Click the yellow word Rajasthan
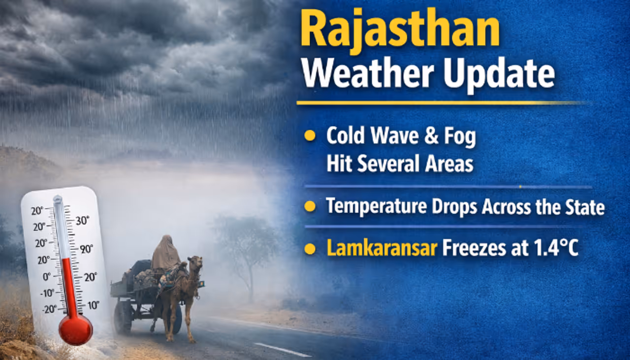click(x=400, y=31)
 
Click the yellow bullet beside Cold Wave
click(x=310, y=136)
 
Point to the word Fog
click(x=460, y=137)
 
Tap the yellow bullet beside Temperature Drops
click(x=310, y=206)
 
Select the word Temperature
click(x=376, y=206)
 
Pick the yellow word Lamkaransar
click(x=382, y=248)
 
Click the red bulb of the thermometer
click(x=75, y=329)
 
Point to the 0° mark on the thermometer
click(x=47, y=277)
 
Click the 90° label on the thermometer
click(x=87, y=249)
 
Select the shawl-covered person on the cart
click(x=165, y=254)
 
